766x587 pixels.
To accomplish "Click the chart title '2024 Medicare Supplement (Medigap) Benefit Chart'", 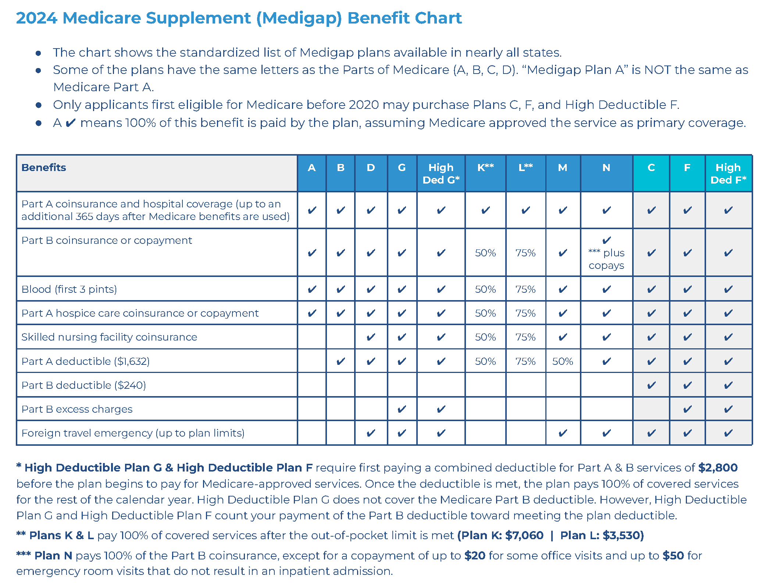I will (239, 18).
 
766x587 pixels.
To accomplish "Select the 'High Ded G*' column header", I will (441, 174).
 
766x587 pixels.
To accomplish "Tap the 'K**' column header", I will (485, 168).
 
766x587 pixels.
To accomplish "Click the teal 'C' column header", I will (651, 168).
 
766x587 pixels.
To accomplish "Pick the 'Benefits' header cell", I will (44, 168).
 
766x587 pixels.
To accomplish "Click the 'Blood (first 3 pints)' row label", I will (69, 289).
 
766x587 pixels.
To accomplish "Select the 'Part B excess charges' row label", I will (77, 409).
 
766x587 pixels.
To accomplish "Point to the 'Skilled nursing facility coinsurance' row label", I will (109, 337).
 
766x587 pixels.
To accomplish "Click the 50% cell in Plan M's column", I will (562, 361).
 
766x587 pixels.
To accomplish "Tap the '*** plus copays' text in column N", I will (606, 259).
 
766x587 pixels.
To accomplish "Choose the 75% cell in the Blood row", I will (525, 289).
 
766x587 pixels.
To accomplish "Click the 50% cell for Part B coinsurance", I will (485, 253).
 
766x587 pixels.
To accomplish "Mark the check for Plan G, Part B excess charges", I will (402, 409).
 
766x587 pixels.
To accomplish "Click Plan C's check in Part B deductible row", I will (651, 385).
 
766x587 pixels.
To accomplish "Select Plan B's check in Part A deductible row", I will (341, 361).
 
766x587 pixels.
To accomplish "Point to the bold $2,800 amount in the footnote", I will (717, 467).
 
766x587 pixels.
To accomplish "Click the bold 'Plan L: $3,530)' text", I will (602, 535).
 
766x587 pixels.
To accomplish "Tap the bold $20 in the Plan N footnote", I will (474, 555).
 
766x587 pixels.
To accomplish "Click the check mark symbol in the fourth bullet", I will (71, 123).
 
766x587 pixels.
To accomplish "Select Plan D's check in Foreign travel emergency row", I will (371, 433).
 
